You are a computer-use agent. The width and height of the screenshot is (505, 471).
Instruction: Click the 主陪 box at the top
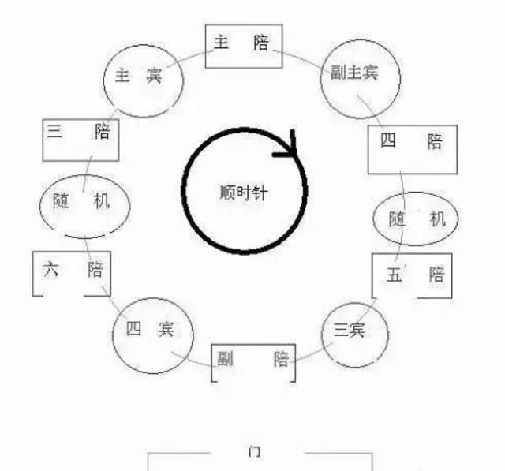pyautogui.click(x=244, y=47)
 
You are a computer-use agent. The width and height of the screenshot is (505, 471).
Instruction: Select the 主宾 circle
pyautogui.click(x=144, y=80)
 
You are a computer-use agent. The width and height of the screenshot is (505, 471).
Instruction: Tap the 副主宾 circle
pyautogui.click(x=361, y=79)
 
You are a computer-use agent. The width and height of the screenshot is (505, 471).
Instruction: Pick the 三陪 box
pyautogui.click(x=80, y=140)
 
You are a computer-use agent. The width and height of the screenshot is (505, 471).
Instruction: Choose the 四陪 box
pyautogui.click(x=413, y=149)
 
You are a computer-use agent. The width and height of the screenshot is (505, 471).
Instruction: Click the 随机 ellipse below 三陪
pyautogui.click(x=84, y=207)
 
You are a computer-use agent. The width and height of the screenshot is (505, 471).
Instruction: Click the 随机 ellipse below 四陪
pyautogui.click(x=416, y=219)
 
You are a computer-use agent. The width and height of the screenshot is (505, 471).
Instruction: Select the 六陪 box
pyautogui.click(x=72, y=274)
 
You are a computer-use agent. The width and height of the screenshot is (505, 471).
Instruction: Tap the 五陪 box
pyautogui.click(x=412, y=276)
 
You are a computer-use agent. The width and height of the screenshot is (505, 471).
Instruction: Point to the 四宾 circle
pyautogui.click(x=152, y=335)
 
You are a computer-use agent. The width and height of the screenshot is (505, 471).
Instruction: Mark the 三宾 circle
pyautogui.click(x=355, y=335)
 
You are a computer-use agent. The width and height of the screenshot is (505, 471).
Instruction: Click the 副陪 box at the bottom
pyautogui.click(x=253, y=363)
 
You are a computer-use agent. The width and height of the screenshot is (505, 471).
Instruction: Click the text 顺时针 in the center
pyautogui.click(x=244, y=193)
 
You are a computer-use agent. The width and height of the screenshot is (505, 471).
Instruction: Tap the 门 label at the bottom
pyautogui.click(x=255, y=451)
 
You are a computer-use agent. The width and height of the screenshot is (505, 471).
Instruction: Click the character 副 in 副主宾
pyautogui.click(x=339, y=72)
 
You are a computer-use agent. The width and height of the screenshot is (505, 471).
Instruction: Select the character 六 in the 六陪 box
pyautogui.click(x=50, y=269)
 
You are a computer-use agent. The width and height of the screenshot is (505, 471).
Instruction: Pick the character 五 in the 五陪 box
pyautogui.click(x=394, y=275)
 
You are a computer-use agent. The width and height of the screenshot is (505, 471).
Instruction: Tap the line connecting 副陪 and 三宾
pyautogui.click(x=312, y=353)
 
